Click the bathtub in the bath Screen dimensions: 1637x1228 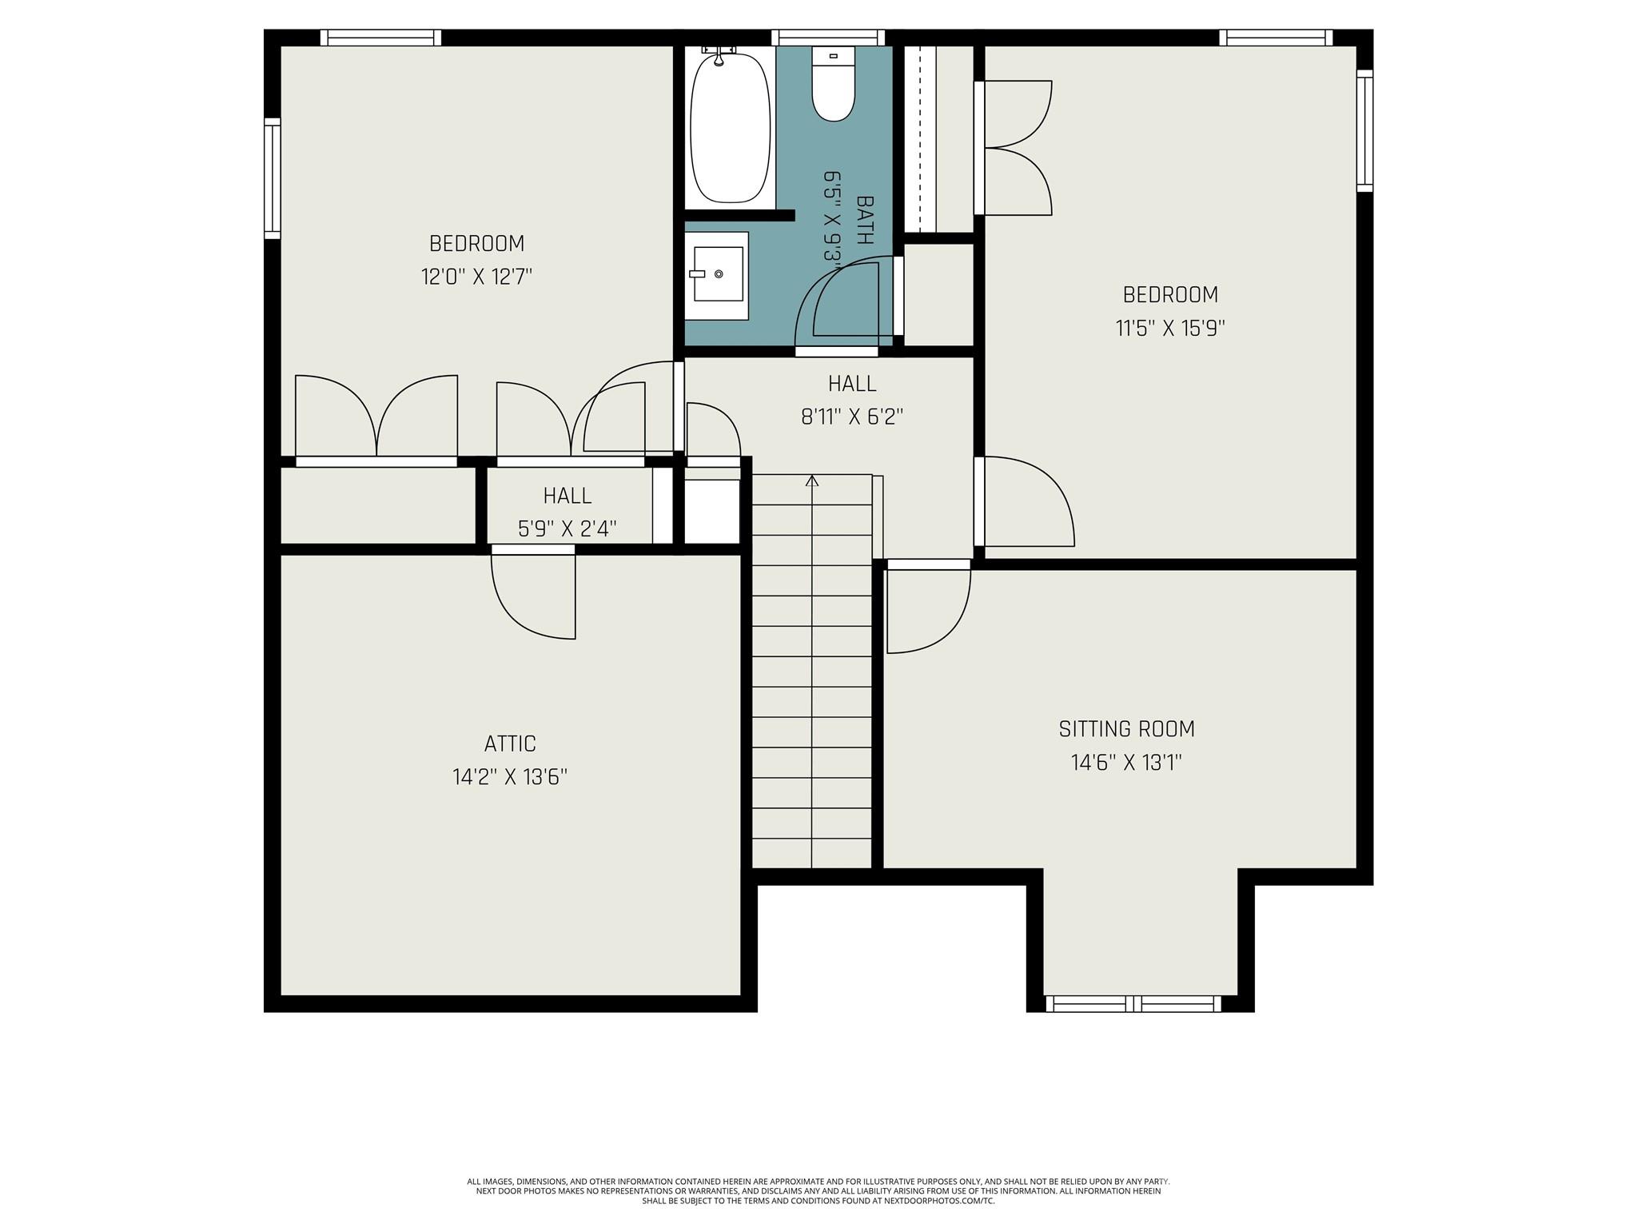(x=730, y=126)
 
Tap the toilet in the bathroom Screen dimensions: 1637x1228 (x=833, y=84)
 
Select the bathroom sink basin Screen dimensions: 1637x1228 (x=718, y=273)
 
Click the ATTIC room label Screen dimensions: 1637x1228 (x=510, y=744)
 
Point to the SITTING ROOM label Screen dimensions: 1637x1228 (x=1127, y=729)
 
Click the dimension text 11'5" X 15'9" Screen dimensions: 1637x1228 (x=1170, y=329)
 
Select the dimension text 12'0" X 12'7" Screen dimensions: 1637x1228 (x=476, y=277)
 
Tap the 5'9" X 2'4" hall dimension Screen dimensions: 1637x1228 (x=568, y=528)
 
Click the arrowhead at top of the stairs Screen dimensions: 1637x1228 (x=812, y=480)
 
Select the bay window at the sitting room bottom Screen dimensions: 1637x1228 (x=1133, y=1003)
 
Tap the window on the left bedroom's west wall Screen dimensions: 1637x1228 (x=273, y=178)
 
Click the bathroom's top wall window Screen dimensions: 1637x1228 (x=828, y=38)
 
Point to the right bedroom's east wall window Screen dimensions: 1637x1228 (x=1364, y=131)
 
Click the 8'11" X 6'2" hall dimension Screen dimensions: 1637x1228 (x=852, y=417)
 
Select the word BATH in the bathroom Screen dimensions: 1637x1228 (x=865, y=220)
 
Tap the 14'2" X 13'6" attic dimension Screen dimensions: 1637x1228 (x=510, y=777)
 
